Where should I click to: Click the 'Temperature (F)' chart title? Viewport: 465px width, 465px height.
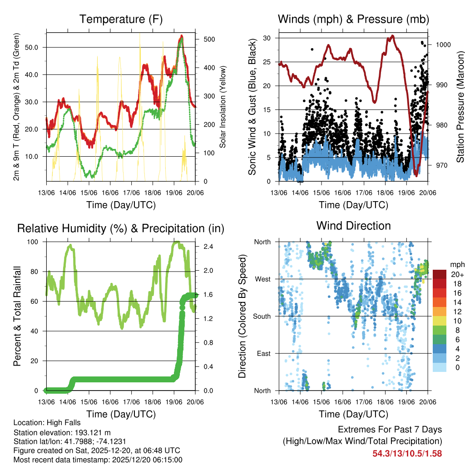[x=120, y=19]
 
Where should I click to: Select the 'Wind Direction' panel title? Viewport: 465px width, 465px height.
[x=353, y=225]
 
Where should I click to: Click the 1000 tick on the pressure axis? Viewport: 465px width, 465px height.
[x=443, y=45]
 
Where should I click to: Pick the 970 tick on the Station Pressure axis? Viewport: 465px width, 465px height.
[x=441, y=165]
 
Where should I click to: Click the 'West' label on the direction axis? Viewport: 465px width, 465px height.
[x=262, y=279]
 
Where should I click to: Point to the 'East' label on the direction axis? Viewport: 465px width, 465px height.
[x=263, y=353]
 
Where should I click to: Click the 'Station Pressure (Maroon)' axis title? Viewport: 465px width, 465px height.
[x=460, y=100]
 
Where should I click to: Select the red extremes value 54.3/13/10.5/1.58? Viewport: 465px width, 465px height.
[x=407, y=453]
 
